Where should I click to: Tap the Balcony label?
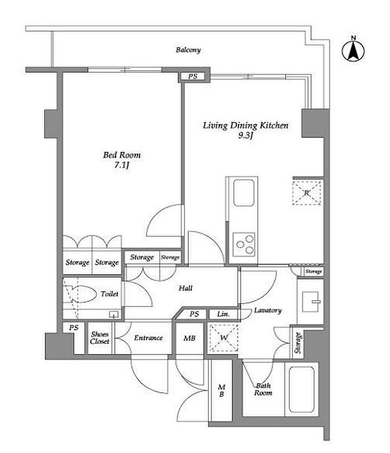[188, 50]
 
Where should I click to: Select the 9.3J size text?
[246, 135]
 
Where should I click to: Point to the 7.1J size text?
[121, 165]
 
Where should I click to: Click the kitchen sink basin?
[244, 192]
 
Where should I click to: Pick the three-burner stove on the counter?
[244, 244]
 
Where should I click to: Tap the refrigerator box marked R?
[306, 193]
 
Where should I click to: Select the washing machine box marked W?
[224, 338]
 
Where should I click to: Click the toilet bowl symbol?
[82, 294]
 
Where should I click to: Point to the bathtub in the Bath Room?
[301, 389]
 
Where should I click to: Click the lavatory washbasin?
[311, 302]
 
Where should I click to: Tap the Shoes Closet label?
[100, 338]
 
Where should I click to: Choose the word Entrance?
[148, 338]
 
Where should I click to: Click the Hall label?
[186, 288]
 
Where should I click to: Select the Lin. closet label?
[223, 314]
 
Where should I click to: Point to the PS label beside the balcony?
[193, 76]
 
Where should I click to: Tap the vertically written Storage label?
[298, 343]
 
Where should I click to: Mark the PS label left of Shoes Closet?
[74, 327]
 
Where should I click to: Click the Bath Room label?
[263, 389]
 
